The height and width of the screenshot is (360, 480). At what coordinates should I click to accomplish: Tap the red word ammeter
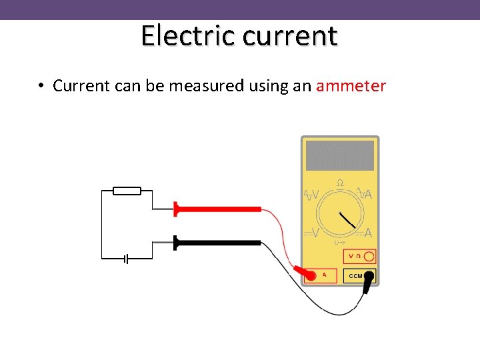point(351,86)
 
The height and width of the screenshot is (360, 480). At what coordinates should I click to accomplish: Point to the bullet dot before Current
point(41,86)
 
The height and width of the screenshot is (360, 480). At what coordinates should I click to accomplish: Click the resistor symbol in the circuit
point(127,191)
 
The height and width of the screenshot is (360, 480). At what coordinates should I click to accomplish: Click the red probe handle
point(217,209)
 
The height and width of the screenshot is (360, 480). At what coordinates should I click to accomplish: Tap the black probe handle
point(217,243)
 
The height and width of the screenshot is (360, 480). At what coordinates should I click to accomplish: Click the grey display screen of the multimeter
point(340,155)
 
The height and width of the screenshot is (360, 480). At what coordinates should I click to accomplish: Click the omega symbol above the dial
point(340,183)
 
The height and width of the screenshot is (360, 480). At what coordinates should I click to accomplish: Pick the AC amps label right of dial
point(365,194)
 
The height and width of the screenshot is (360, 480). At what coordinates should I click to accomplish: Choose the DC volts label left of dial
point(311,233)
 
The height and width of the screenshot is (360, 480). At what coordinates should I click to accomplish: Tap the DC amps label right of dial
point(365,233)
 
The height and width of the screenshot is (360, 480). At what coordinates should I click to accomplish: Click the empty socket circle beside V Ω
point(369,256)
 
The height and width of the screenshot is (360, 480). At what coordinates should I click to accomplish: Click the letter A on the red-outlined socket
point(325,274)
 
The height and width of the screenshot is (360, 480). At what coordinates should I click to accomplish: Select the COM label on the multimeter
point(355,275)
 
